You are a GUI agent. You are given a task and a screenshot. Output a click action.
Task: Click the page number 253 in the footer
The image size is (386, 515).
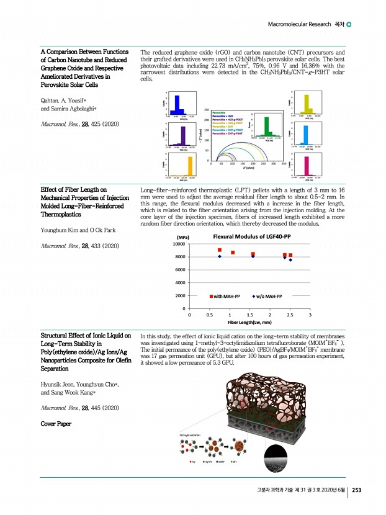[357, 490]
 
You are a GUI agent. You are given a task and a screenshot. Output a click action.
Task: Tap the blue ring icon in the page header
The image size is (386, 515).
[349, 24]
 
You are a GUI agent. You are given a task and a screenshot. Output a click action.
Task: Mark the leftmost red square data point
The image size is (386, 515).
[220, 250]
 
